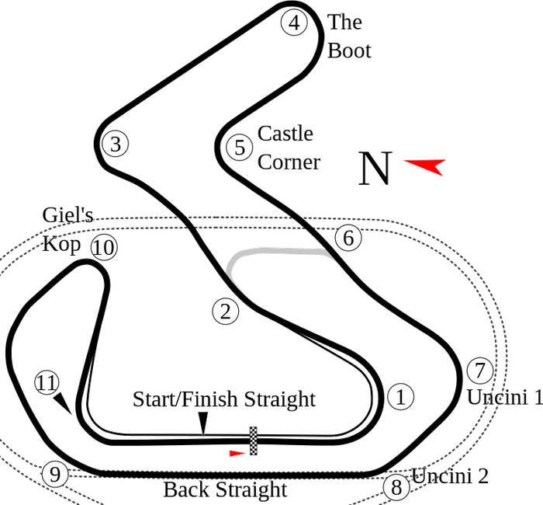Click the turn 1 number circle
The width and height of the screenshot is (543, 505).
click(x=400, y=397)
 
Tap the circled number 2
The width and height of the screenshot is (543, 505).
click(x=225, y=312)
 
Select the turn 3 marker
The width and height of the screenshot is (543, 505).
click(x=115, y=144)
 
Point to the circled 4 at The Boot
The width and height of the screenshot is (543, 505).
click(x=293, y=23)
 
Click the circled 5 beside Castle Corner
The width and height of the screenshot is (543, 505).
click(x=240, y=147)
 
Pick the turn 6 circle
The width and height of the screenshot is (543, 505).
click(x=348, y=237)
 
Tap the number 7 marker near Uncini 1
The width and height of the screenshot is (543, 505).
click(x=479, y=369)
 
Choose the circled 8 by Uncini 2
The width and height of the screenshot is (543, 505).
click(x=396, y=488)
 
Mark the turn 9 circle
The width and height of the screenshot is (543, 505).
click(x=54, y=473)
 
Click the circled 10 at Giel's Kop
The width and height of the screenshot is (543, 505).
click(x=104, y=248)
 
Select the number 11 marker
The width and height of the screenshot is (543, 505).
click(x=47, y=383)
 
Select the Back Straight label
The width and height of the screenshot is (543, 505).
click(x=224, y=490)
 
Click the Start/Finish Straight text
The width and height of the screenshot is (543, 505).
click(x=225, y=399)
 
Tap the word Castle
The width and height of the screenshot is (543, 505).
click(x=285, y=134)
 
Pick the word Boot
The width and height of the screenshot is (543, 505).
click(x=350, y=51)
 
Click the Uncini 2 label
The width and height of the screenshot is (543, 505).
click(x=450, y=476)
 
